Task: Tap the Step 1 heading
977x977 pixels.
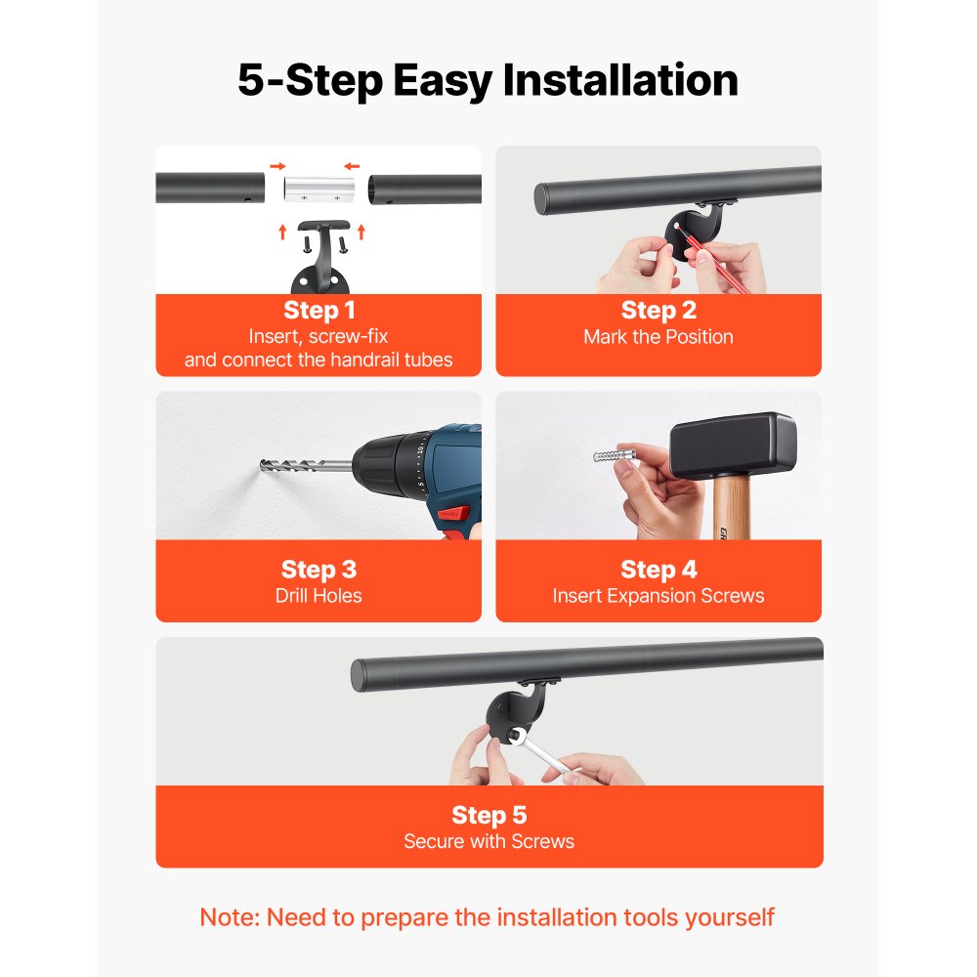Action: click(319, 311)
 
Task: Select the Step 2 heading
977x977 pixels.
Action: click(658, 311)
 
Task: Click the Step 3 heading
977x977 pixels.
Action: click(319, 570)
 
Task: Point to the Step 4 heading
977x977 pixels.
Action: click(658, 570)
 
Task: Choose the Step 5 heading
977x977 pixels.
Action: click(489, 815)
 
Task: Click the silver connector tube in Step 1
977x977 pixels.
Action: click(319, 189)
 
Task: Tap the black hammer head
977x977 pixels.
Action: click(733, 445)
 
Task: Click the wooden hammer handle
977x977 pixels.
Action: click(731, 507)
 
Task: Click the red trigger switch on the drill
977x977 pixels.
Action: click(453, 513)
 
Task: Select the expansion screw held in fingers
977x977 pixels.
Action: click(615, 455)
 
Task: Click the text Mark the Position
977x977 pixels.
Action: click(658, 337)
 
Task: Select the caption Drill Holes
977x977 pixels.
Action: click(319, 596)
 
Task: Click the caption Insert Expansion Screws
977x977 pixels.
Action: click(658, 596)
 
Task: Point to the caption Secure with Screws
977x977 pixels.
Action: click(489, 842)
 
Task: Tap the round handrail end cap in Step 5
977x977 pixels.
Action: click(359, 676)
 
